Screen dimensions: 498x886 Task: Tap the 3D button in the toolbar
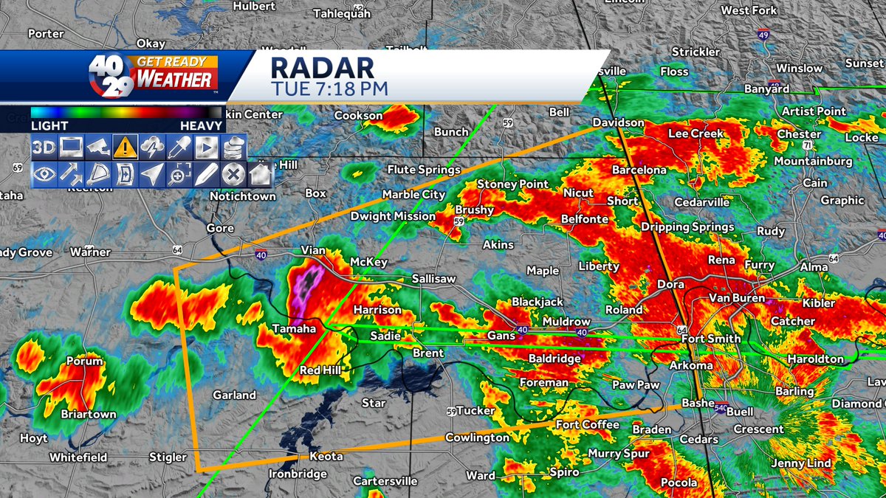click(x=44, y=148)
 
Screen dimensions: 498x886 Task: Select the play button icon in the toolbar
click(x=207, y=148)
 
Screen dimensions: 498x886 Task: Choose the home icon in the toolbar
click(x=259, y=174)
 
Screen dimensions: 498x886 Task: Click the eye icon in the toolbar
click(x=44, y=174)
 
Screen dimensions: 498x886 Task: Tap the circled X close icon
click(x=233, y=174)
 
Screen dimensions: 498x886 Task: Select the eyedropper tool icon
click(x=179, y=148)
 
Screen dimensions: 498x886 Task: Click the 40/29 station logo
click(x=111, y=75)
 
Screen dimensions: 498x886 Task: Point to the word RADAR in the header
click(x=322, y=68)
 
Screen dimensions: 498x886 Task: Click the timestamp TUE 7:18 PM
click(x=329, y=89)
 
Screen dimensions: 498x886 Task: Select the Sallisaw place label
click(x=433, y=278)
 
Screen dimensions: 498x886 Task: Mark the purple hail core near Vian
click(x=306, y=284)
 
